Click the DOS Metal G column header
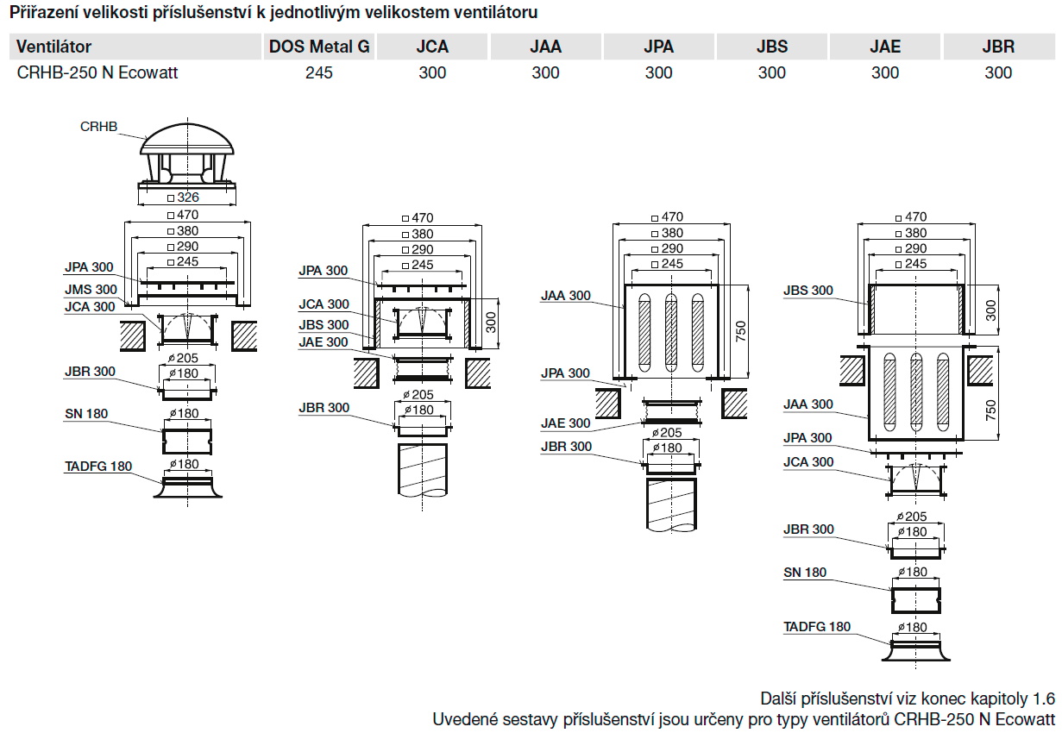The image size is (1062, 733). tap(319, 47)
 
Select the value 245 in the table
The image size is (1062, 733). tap(318, 73)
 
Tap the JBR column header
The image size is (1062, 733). tap(998, 47)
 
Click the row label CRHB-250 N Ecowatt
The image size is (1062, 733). tap(97, 73)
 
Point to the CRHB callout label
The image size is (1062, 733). tap(97, 127)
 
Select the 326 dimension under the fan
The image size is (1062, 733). tap(187, 197)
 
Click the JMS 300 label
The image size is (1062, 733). tap(91, 290)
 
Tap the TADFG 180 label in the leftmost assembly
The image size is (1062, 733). tap(98, 467)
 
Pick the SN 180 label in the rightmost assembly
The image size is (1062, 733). tap(805, 573)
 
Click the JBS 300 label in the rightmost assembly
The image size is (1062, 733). tap(808, 291)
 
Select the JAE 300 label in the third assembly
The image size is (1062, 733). tap(566, 423)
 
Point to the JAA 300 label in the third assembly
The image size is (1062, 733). tap(566, 296)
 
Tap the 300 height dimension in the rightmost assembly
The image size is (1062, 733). tap(990, 310)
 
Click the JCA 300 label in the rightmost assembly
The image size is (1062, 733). tap(808, 462)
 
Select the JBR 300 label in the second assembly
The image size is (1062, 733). tap(324, 408)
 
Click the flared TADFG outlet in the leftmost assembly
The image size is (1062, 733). tap(187, 488)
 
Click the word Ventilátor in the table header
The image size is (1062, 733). tap(53, 47)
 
